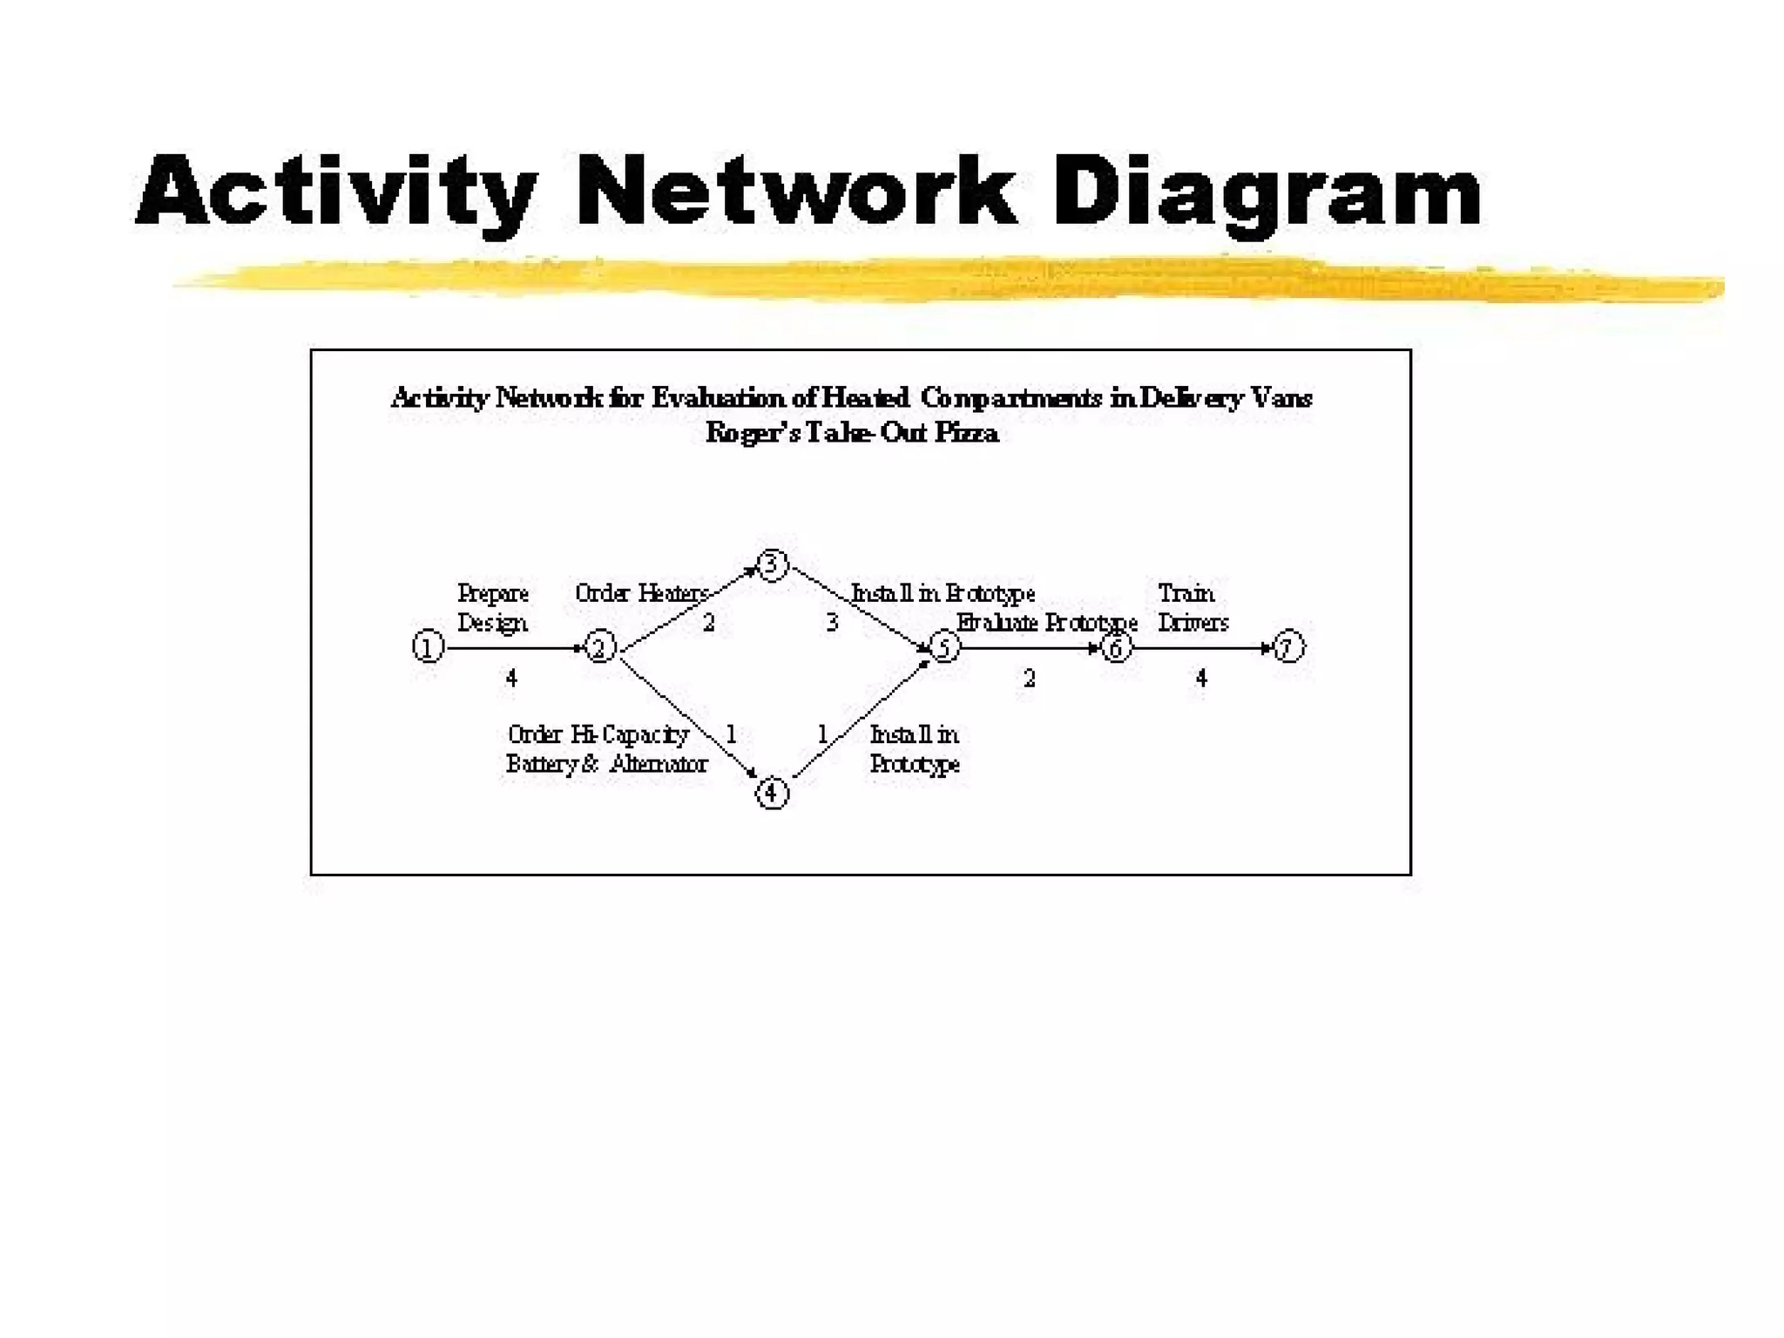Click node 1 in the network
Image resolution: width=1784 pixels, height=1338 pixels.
point(428,646)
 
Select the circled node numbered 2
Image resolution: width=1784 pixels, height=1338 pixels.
point(599,646)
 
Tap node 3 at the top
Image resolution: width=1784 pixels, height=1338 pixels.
point(772,564)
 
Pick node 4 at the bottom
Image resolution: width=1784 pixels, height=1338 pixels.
point(772,793)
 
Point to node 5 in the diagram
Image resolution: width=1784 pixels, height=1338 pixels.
point(945,646)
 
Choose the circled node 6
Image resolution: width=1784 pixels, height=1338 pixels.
point(1117,646)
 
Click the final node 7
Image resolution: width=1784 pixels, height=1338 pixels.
point(1288,646)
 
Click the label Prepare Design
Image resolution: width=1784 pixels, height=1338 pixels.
point(492,608)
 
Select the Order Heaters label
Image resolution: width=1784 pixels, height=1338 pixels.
point(642,593)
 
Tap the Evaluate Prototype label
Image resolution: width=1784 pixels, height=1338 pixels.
point(1046,623)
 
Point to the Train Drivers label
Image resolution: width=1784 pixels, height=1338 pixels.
point(1193,608)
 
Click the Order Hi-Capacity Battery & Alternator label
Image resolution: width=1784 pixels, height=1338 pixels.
point(606,749)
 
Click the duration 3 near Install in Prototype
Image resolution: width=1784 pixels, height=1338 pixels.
point(832,623)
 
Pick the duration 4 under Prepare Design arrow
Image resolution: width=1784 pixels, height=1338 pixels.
point(511,678)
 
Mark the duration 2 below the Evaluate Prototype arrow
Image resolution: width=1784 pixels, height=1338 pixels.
point(1029,678)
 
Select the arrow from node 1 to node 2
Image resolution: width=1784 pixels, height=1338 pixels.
point(514,648)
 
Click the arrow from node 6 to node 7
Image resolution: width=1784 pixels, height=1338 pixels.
point(1202,648)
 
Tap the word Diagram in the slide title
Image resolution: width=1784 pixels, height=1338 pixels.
point(1267,193)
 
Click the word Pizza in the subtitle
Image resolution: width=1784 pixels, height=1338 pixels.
point(966,432)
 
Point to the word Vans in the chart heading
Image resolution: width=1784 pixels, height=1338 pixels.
point(1281,398)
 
